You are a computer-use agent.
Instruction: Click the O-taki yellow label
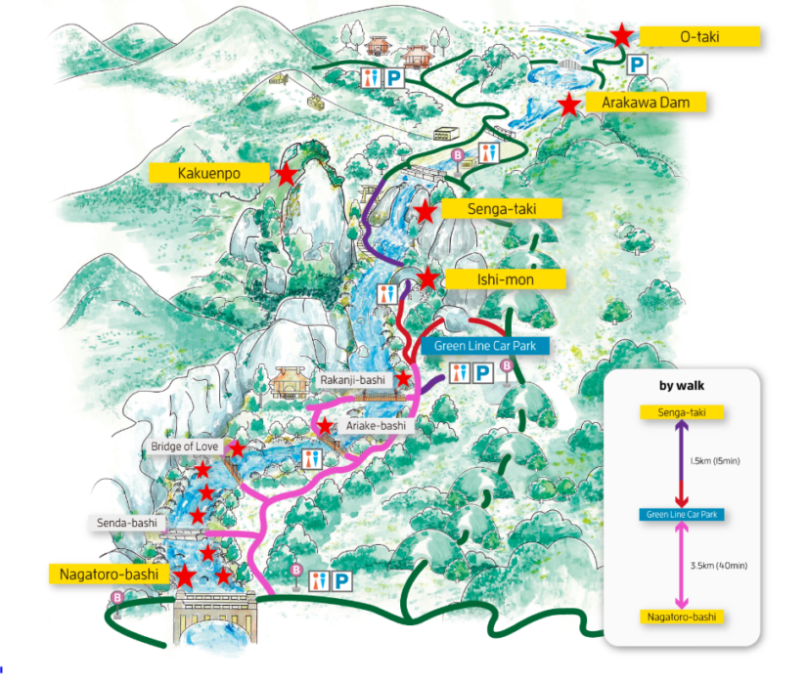point(699,37)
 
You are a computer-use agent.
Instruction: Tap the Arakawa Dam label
point(645,102)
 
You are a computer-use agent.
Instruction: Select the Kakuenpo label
point(208,174)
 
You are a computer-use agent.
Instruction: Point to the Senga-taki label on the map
point(502,208)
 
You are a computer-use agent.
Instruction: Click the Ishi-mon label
point(505,280)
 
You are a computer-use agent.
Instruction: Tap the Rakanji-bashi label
point(351,379)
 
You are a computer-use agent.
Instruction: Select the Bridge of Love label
point(185,447)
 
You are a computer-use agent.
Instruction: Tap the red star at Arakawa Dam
point(568,105)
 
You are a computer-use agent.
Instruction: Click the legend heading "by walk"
point(682,385)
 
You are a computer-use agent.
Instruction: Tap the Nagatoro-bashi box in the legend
point(682,617)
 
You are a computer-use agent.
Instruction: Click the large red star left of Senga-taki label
point(425,210)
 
